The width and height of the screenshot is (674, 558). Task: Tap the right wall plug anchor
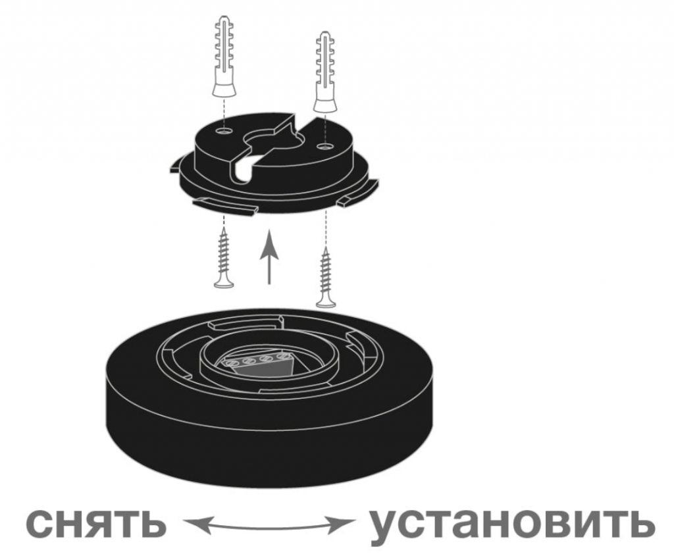325,72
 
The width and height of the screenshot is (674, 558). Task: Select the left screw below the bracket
224,258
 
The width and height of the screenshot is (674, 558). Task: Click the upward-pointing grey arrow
269,257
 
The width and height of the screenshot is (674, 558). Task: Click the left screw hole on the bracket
224,130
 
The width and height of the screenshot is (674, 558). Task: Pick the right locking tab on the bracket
358,193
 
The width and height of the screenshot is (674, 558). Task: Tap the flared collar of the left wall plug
224,89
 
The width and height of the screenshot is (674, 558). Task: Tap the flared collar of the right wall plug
325,105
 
